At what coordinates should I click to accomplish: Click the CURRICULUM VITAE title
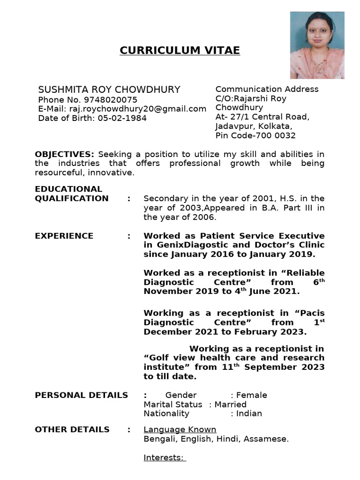(x=180, y=51)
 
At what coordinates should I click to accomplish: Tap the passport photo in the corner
(x=317, y=45)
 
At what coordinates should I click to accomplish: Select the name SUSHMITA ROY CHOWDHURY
(x=109, y=90)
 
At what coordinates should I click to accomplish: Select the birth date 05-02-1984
(x=122, y=118)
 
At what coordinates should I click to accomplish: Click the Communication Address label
(x=267, y=89)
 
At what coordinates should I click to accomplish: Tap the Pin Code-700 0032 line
(x=255, y=136)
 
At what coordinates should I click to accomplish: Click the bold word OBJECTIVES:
(x=65, y=154)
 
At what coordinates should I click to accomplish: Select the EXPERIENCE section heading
(x=64, y=236)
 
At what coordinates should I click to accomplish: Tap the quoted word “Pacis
(x=309, y=313)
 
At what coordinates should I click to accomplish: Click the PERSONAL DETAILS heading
(x=81, y=395)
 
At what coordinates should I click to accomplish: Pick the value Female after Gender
(x=252, y=395)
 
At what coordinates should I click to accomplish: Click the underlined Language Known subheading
(x=180, y=429)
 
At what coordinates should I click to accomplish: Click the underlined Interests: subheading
(x=164, y=458)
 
